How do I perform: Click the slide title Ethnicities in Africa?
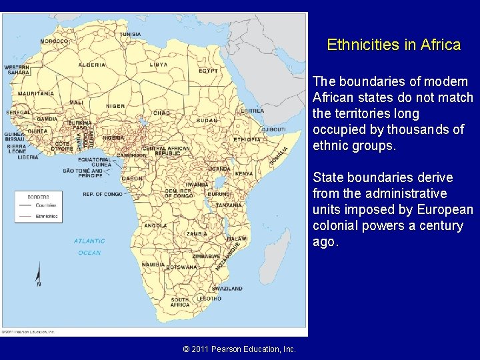pos(393,45)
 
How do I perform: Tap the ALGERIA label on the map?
pos(92,65)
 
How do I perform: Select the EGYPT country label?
pos(208,71)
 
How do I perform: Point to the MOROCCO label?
pos(54,41)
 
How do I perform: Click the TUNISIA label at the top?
pos(130,34)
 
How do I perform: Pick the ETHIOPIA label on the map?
pos(247,139)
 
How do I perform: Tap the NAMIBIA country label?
pos(153,265)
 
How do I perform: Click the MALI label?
pos(77,103)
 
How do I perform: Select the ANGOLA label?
pos(155,225)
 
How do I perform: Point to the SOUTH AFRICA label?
pos(180,302)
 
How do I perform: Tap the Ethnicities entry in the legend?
pos(47,216)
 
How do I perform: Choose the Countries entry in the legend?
pos(46,206)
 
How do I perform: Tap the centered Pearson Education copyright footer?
pos(239,349)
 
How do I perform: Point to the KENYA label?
pos(243,173)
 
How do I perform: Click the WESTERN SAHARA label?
pos(16,70)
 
